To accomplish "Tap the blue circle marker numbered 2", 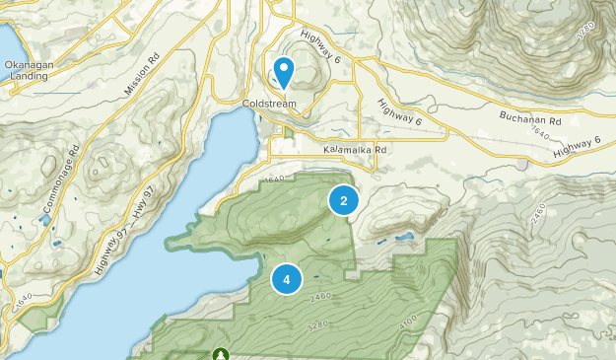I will tap(343, 201).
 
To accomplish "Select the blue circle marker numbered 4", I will tap(286, 280).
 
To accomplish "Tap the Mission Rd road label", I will tap(142, 77).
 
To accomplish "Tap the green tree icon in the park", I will tap(219, 353).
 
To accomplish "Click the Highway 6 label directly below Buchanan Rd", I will tap(577, 147).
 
